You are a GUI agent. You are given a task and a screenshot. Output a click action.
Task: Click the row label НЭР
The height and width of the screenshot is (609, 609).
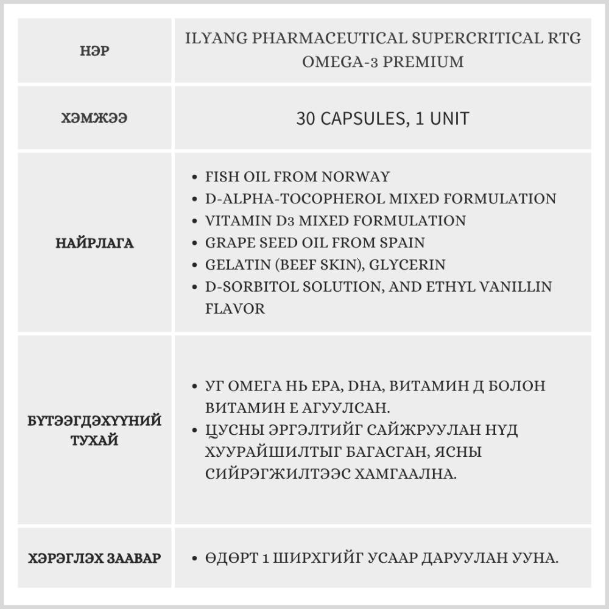(94, 51)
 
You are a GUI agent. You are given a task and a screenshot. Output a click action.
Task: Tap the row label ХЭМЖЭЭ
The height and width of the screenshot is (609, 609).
(94, 118)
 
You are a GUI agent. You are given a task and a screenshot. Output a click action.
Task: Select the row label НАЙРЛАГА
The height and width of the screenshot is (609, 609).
(94, 243)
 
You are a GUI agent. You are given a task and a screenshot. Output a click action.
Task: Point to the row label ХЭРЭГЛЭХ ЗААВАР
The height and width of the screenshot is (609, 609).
(94, 558)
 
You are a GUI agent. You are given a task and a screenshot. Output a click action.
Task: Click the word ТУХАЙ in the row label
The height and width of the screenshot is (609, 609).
(94, 440)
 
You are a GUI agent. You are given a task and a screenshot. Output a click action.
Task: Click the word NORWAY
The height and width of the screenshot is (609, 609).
(355, 177)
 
